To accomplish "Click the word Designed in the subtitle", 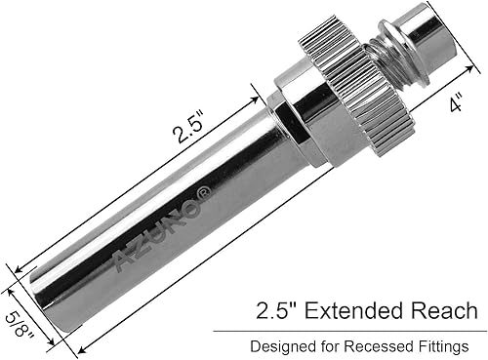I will [282, 345].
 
